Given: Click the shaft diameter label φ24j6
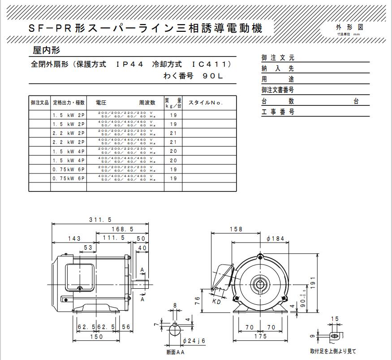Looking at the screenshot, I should coord(194,341).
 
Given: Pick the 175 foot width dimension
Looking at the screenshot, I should coord(260,336).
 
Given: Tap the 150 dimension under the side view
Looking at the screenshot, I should coord(96,336).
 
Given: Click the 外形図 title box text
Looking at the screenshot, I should coord(349,27).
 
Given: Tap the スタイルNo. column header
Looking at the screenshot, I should coord(205,103).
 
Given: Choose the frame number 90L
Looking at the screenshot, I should coord(212,76).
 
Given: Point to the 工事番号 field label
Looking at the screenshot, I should coord(278,112).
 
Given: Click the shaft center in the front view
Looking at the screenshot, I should coord(260,284).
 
